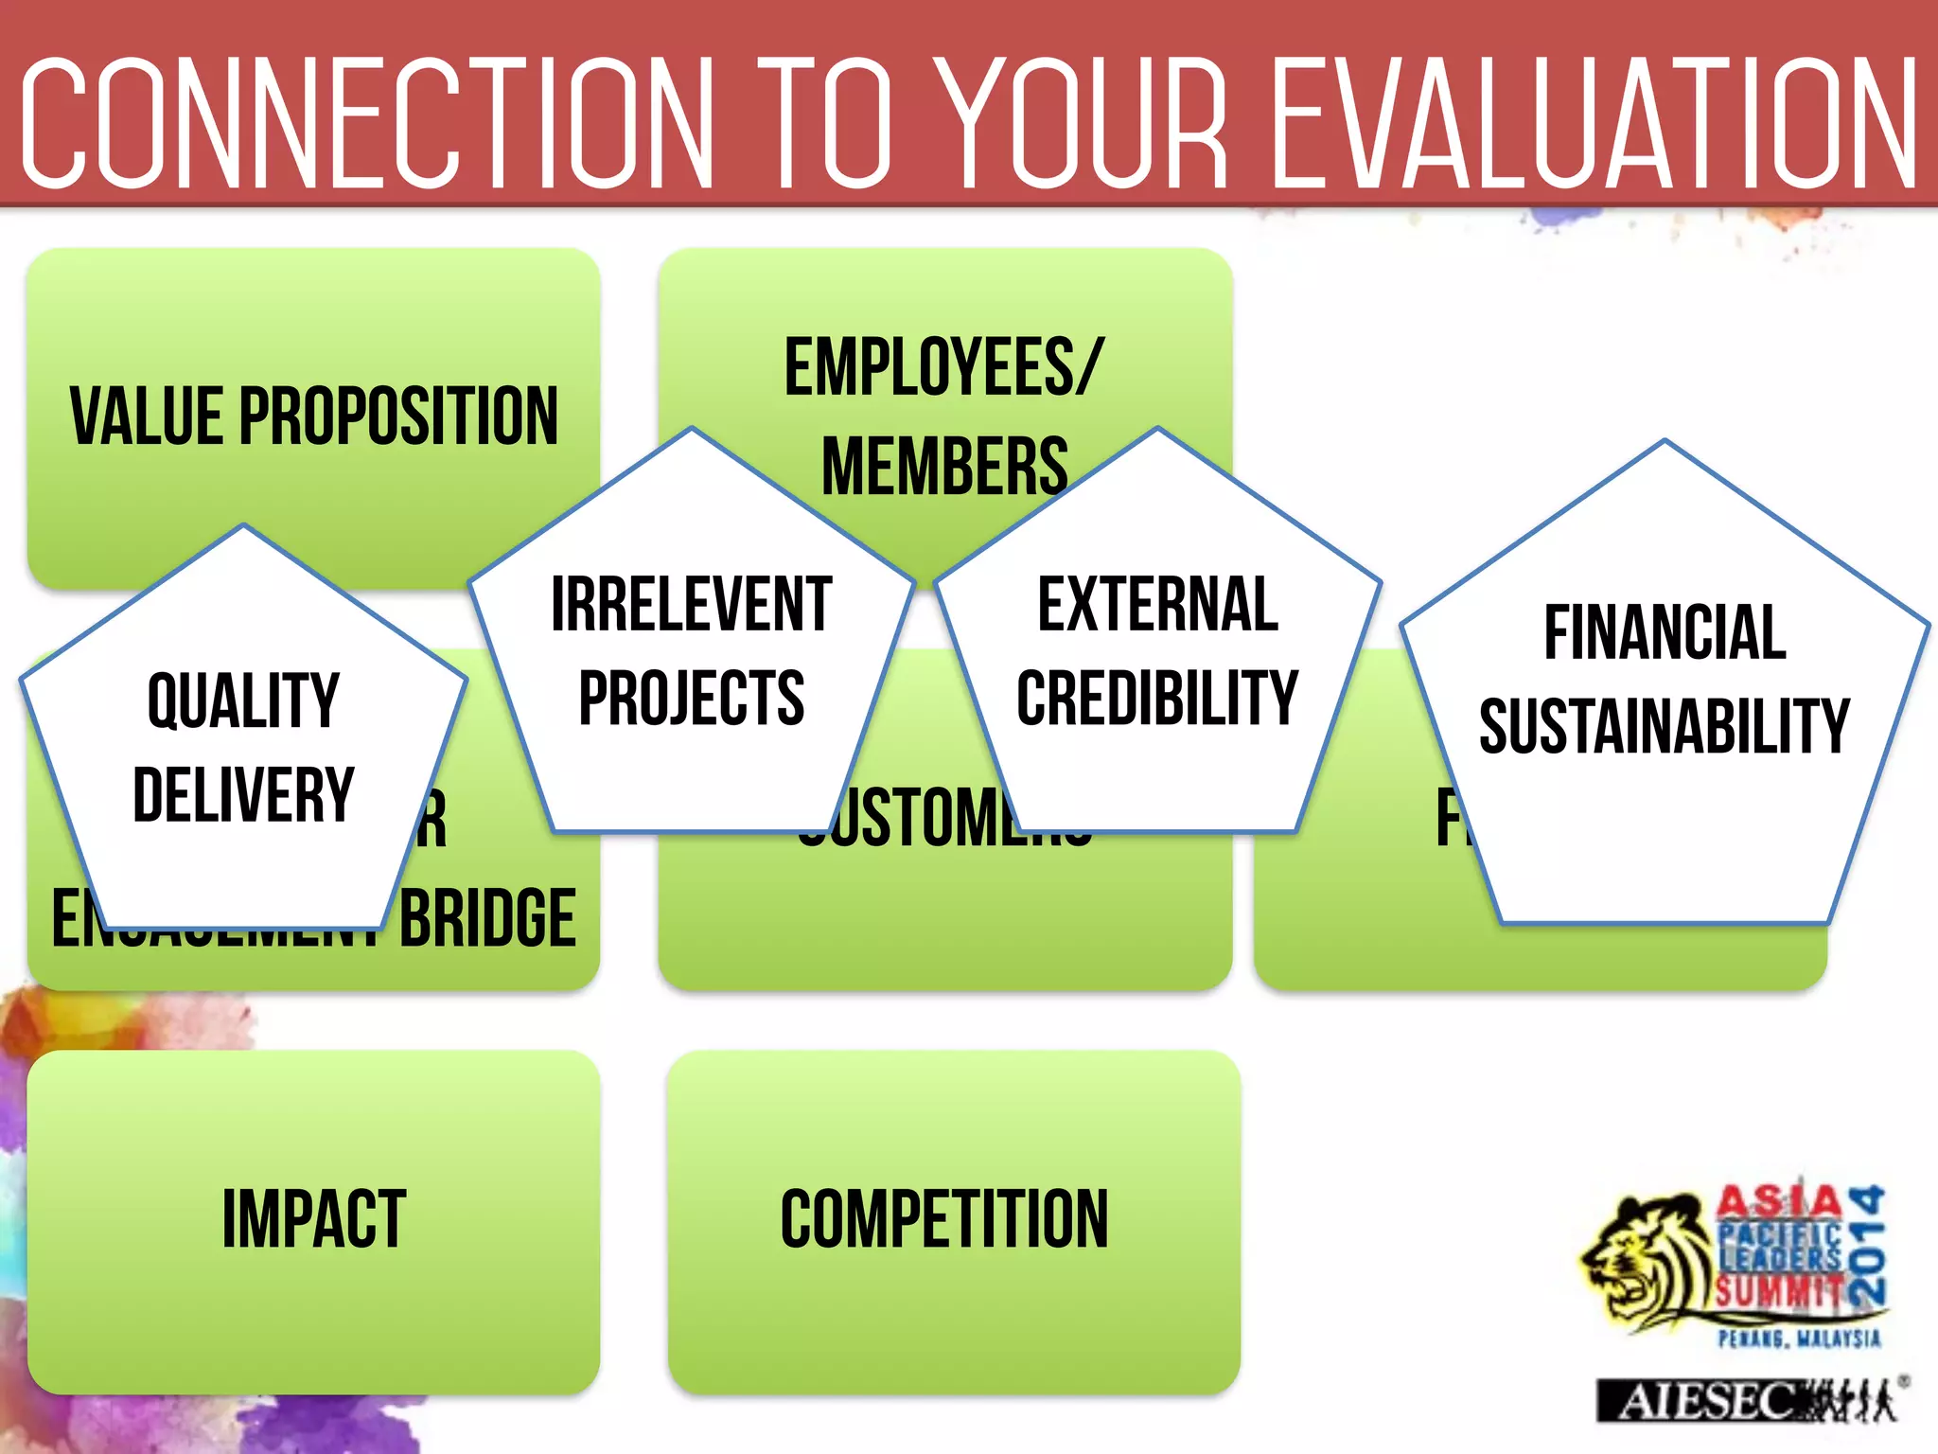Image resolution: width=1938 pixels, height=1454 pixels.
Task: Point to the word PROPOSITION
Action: (398, 417)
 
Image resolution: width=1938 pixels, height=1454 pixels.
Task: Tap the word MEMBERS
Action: (943, 466)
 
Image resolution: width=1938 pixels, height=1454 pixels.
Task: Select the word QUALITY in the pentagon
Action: (243, 701)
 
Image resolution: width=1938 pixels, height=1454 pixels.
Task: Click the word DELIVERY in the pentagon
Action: (243, 795)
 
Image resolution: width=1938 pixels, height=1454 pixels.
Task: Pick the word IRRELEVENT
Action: (691, 605)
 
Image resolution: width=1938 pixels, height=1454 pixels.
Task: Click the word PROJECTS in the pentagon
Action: (691, 699)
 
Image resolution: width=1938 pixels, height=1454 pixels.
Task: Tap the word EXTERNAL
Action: (1157, 605)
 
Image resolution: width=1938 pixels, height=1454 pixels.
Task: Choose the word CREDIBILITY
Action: (1157, 699)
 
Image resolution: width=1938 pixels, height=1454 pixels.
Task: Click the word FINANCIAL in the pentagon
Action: (1665, 633)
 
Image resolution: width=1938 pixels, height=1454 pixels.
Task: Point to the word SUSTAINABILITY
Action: (1665, 727)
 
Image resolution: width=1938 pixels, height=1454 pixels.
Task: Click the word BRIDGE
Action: (487, 918)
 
